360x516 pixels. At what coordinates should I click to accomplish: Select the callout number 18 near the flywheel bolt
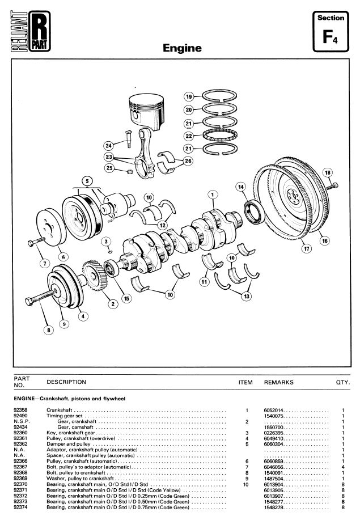click(327, 172)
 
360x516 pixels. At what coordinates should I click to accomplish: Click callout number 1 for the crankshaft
click(212, 194)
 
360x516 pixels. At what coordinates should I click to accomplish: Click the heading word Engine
click(182, 48)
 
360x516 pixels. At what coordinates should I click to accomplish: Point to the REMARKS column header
click(278, 382)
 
